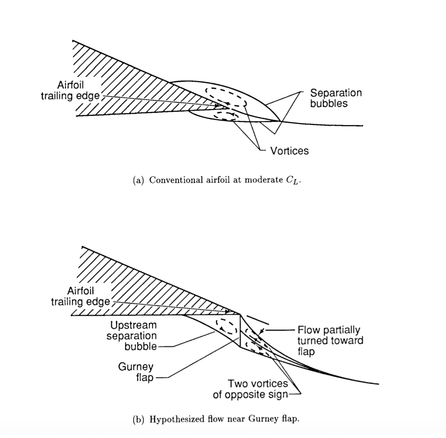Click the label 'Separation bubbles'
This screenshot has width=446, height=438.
[x=336, y=98]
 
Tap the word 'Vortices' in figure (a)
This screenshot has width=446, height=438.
[x=289, y=151]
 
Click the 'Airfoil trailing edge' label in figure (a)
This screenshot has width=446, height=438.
[x=70, y=90]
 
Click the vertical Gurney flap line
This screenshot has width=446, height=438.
[x=240, y=330]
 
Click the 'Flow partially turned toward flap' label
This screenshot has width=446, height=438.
[x=330, y=341]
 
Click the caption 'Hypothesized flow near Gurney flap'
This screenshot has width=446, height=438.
[x=224, y=419]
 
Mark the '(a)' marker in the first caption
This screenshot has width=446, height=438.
[x=138, y=180]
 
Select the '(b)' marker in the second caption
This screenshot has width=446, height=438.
[x=138, y=419]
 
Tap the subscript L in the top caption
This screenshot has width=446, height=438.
[x=295, y=182]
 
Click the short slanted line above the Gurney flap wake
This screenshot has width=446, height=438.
[x=258, y=320]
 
